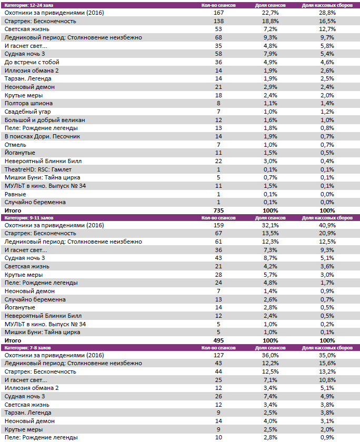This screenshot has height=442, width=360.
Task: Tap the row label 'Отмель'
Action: [x=16, y=145]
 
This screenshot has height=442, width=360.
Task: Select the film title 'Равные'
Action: [x=15, y=194]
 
